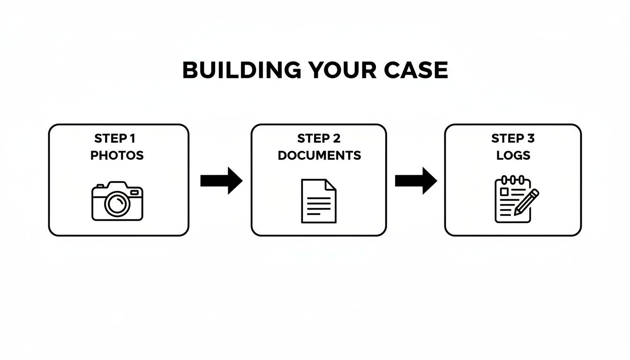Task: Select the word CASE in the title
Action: (x=416, y=70)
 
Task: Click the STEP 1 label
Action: (x=115, y=139)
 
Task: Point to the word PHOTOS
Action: (x=117, y=156)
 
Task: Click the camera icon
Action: (x=117, y=201)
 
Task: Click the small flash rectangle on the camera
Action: (x=135, y=192)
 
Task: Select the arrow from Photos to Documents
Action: (x=221, y=180)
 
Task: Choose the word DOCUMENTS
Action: (x=319, y=156)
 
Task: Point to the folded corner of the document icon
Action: (x=331, y=184)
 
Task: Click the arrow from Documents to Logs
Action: (x=416, y=180)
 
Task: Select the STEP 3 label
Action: (x=513, y=139)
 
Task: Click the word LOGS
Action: (x=513, y=156)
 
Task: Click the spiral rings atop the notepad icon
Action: (x=512, y=180)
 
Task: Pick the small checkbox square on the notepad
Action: (x=504, y=191)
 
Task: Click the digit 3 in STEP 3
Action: (x=530, y=139)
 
